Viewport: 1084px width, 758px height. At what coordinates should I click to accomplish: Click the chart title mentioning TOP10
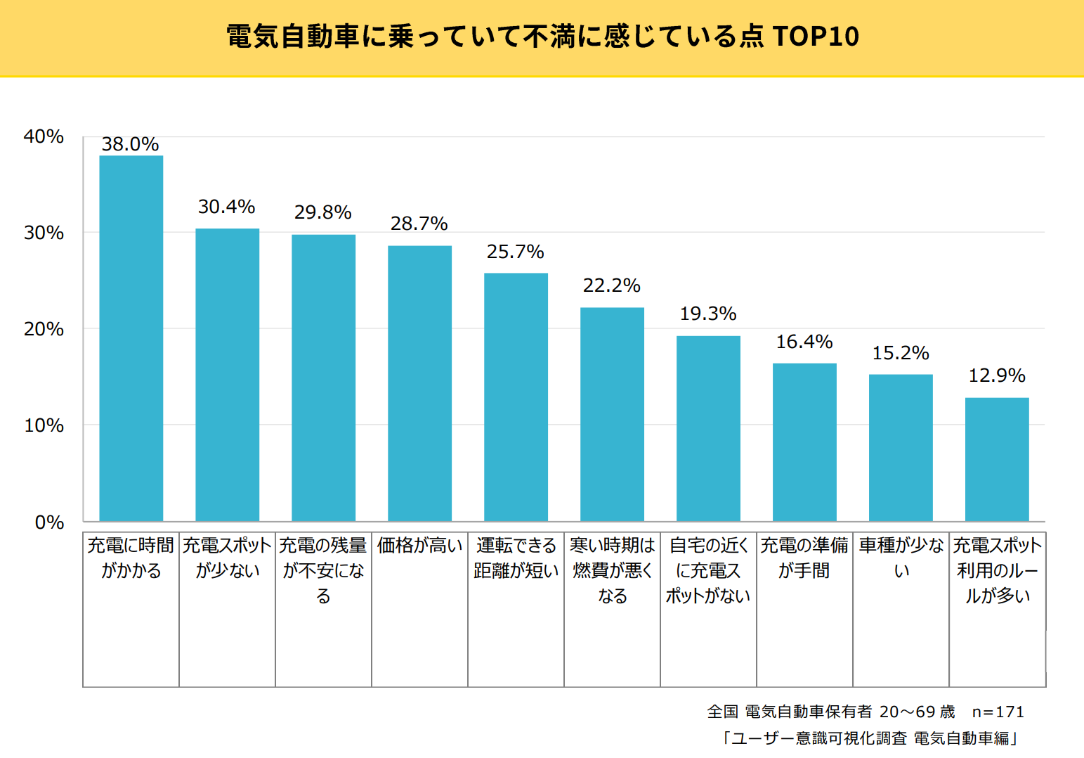tap(542, 37)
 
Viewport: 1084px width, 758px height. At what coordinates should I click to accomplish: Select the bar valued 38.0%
tap(131, 338)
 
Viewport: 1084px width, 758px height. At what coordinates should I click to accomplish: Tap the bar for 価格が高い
tap(419, 383)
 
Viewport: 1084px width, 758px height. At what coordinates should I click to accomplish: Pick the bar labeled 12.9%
tap(997, 459)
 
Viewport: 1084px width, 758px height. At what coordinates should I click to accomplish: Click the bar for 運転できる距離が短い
tap(516, 397)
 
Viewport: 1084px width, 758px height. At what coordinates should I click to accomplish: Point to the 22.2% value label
tap(611, 285)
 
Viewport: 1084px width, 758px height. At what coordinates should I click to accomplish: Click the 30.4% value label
tap(226, 207)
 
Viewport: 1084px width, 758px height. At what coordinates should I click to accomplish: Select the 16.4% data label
tap(804, 342)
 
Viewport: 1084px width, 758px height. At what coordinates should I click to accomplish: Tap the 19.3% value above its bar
tap(708, 314)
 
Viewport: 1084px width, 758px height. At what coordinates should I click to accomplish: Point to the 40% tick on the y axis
tap(44, 136)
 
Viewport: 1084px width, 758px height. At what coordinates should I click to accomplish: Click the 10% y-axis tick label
tap(44, 425)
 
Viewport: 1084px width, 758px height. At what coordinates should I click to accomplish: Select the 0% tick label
tap(49, 522)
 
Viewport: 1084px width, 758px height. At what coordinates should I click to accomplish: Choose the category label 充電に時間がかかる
tap(131, 558)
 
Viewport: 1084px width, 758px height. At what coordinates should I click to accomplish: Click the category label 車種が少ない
tap(901, 558)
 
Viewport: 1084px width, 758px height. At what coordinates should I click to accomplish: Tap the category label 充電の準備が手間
tap(804, 558)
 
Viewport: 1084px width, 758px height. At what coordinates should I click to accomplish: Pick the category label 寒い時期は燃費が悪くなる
tap(612, 570)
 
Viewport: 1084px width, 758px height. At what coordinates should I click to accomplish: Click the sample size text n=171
tap(998, 712)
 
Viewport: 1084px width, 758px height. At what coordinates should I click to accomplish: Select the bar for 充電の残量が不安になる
tap(323, 378)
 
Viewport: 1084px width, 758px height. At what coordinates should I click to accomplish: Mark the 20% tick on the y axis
tap(44, 329)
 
